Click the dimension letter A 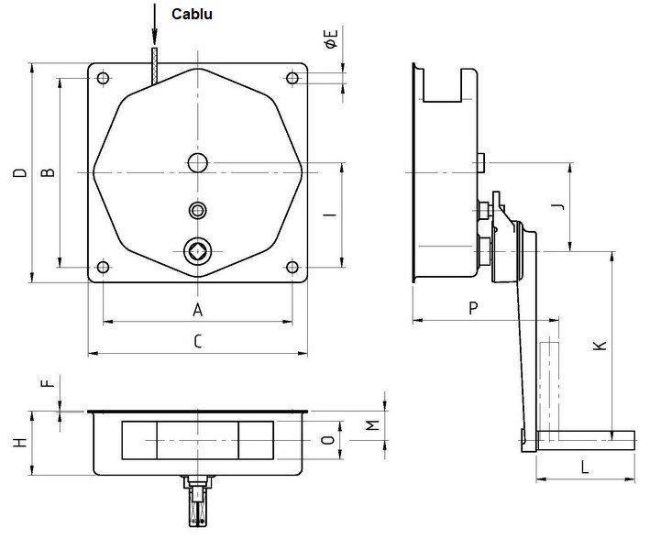coord(197,310)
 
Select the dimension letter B coord(51,171)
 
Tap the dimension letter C coord(197,342)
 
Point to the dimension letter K coord(599,346)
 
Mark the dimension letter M coord(371,426)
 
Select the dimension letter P coord(473,309)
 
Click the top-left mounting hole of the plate coord(103,78)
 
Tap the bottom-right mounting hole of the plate coord(292,268)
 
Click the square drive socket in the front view coord(197,249)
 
